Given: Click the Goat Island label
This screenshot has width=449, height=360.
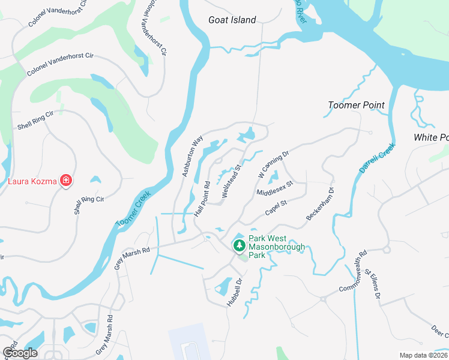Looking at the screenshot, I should click(232, 20).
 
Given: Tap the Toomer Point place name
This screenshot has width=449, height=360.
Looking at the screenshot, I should click(356, 105).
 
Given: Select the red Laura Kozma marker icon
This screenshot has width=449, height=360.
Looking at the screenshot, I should click(65, 181).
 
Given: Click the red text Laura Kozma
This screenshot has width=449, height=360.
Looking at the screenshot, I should click(32, 181).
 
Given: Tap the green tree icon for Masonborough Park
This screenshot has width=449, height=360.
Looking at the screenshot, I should click(239, 245).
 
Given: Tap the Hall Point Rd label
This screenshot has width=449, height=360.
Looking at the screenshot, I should click(202, 197).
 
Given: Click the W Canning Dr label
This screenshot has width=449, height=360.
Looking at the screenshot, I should click(273, 163).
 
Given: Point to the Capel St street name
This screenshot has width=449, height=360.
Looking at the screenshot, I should click(276, 208).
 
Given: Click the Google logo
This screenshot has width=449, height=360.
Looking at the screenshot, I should click(20, 353).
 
